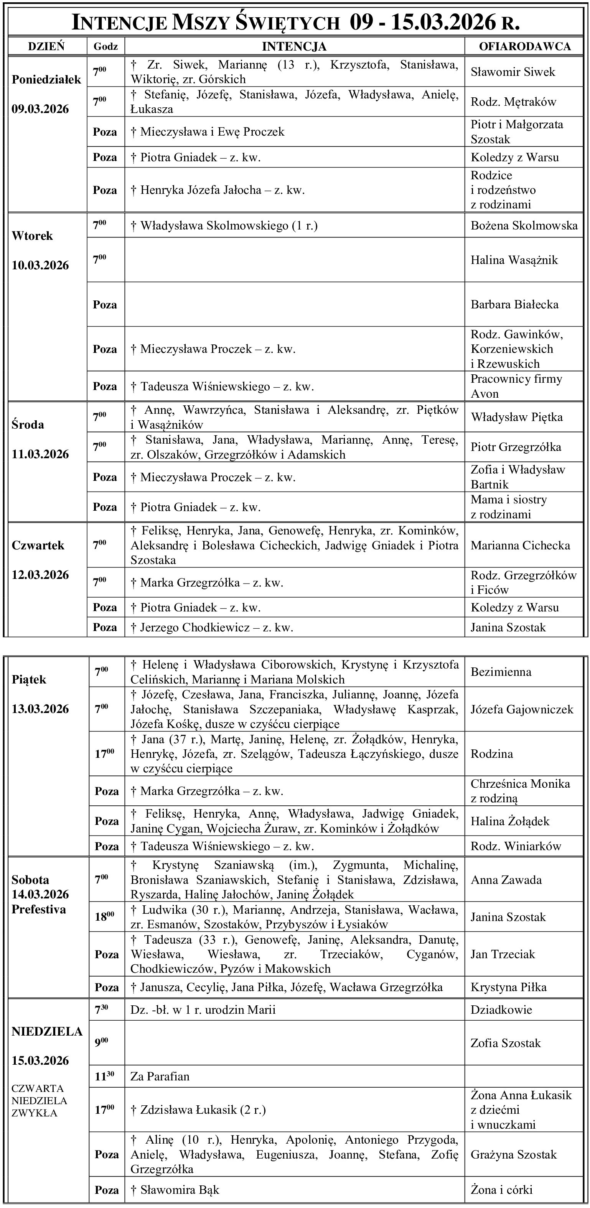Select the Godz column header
point(105,46)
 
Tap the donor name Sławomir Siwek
point(513,72)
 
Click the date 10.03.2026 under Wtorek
point(40,266)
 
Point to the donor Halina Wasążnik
point(514,260)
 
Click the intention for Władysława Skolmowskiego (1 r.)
point(224,226)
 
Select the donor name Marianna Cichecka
point(520,546)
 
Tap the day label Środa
point(28,425)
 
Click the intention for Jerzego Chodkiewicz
point(212,628)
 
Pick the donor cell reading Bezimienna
point(501,672)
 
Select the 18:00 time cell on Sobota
point(104,917)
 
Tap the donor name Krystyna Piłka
point(508,987)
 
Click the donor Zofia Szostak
point(506,1043)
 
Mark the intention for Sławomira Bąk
point(175,1190)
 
